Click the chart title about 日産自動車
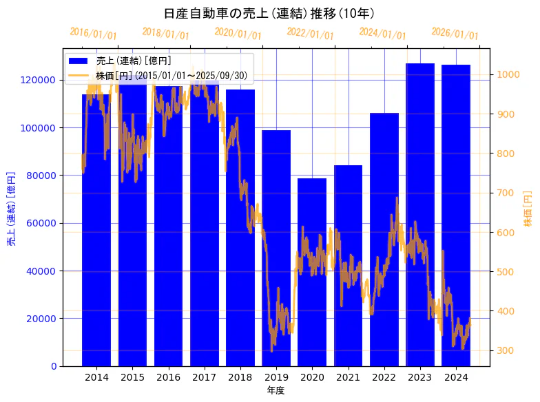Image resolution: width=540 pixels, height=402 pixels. (x=269, y=13)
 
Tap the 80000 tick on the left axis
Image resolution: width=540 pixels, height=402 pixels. (x=43, y=175)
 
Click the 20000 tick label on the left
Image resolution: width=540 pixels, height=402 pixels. (x=43, y=318)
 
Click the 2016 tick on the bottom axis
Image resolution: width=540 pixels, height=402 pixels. (x=168, y=377)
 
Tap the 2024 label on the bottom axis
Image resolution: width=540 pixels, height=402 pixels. (x=456, y=377)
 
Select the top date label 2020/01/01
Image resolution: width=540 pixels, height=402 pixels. (x=238, y=33)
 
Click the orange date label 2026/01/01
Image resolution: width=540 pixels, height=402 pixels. (x=455, y=33)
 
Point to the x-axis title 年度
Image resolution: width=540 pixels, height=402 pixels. (x=276, y=390)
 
